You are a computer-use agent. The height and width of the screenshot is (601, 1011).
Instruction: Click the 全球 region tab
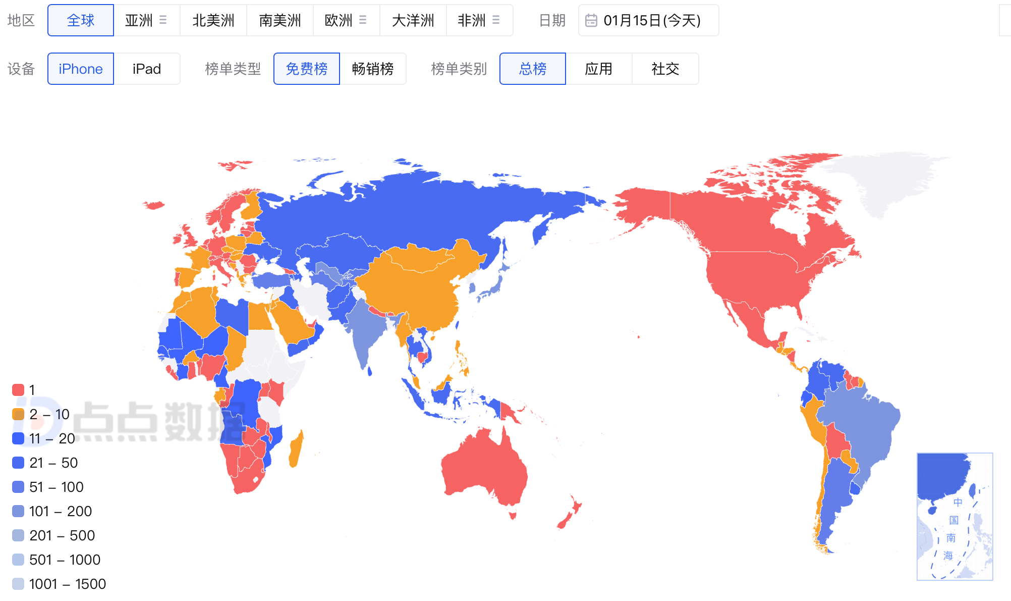point(81,20)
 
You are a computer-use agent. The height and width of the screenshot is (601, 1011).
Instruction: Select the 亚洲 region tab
point(139,20)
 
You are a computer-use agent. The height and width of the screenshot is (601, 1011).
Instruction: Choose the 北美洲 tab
point(213,20)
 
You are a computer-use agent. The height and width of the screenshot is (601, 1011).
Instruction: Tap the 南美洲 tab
point(280,20)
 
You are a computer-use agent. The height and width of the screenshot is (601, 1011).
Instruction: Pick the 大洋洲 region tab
point(413,20)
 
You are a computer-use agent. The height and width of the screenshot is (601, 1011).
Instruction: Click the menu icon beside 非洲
point(496,20)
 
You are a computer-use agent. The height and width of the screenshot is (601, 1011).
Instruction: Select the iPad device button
point(147,69)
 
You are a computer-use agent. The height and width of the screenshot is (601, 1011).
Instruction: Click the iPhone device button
point(81,69)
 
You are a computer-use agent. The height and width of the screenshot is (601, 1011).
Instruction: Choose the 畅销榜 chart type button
point(373,69)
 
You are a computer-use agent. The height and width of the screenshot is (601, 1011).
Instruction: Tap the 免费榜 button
point(307,69)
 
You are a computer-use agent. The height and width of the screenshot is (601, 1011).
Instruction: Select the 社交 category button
point(665,69)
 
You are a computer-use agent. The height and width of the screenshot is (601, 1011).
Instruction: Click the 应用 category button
point(599,69)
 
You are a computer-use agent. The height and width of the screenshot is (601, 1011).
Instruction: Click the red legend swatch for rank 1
point(18,390)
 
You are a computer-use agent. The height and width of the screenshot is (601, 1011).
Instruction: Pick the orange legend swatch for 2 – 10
point(18,414)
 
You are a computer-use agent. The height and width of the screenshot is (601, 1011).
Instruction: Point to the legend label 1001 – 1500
point(68,584)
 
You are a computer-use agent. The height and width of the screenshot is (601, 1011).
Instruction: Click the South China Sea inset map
point(954,516)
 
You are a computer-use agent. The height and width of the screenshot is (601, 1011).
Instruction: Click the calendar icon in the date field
point(591,20)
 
